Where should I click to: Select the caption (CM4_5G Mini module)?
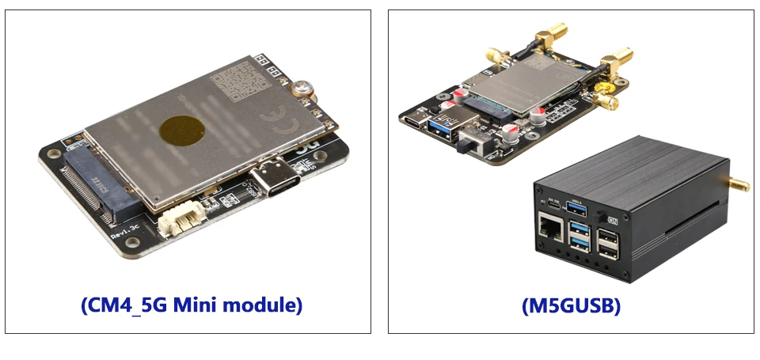click(x=192, y=305)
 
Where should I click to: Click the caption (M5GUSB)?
click(x=571, y=305)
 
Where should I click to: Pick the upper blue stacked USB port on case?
click(x=580, y=229)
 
